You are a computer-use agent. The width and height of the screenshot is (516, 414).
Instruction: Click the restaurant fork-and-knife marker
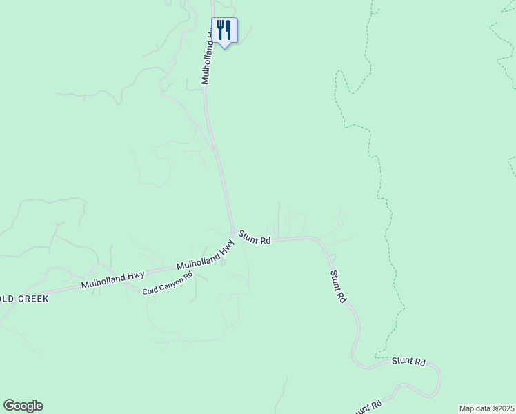[x=224, y=30]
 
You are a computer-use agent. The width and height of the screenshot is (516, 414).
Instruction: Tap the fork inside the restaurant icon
[x=220, y=30]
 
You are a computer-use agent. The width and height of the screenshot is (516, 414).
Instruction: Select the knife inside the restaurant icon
[x=228, y=30]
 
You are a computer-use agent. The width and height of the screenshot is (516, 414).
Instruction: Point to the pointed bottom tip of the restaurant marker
[x=224, y=48]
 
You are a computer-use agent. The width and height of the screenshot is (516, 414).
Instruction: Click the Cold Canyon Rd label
[x=168, y=284]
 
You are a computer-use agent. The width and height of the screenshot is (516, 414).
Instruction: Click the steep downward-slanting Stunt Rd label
[x=338, y=287]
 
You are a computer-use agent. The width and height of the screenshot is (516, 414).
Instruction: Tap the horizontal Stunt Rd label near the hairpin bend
[x=408, y=361]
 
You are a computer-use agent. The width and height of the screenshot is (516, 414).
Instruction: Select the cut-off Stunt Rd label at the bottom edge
[x=367, y=408]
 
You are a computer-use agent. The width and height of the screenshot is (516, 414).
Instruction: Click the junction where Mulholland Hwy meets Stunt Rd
[x=233, y=230]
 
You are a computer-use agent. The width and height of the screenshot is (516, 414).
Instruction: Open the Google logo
[x=23, y=406]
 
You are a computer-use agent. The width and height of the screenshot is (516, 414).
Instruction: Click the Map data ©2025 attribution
[x=487, y=408]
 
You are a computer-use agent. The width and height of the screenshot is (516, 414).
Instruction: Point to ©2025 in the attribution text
[x=502, y=408]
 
